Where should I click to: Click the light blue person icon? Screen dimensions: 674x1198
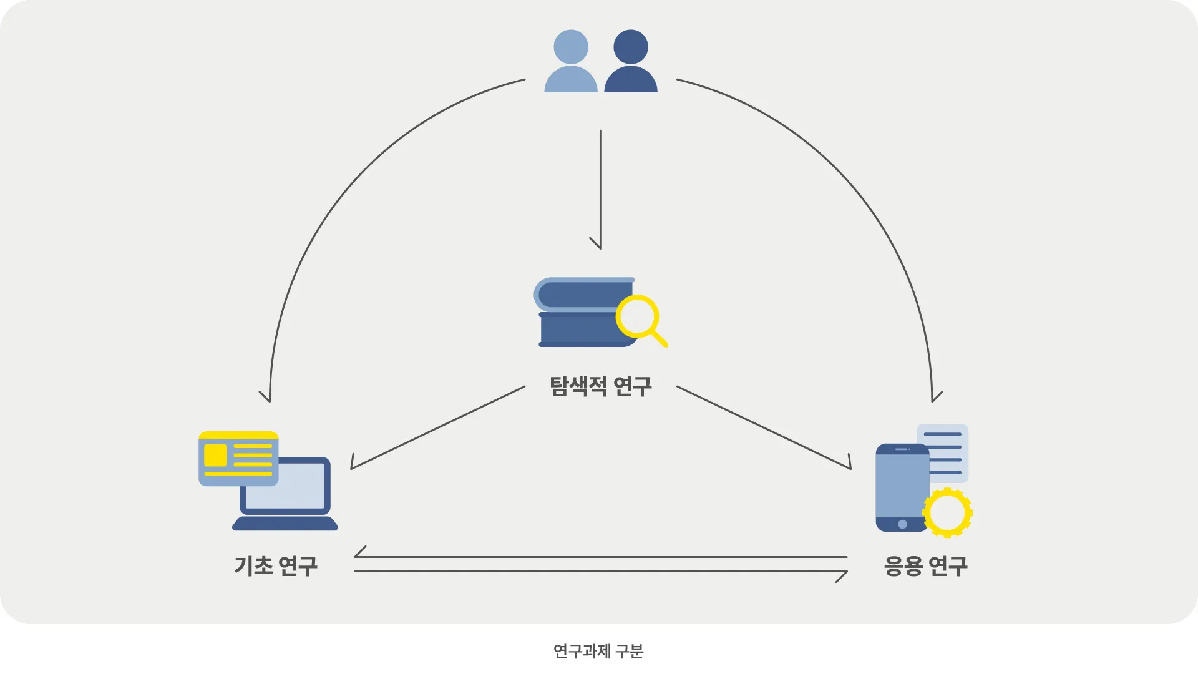(571, 62)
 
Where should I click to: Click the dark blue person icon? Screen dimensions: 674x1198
(631, 62)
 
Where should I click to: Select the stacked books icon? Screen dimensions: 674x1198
(580, 312)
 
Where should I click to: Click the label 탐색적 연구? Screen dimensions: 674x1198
(600, 386)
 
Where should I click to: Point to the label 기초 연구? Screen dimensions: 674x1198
(276, 566)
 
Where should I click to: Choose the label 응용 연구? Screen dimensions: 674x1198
(925, 566)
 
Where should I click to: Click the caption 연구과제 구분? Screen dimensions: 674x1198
(598, 651)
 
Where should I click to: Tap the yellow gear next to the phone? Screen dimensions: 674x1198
(947, 512)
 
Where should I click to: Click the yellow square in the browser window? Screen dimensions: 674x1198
(215, 455)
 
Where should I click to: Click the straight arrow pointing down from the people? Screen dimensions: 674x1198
(601, 187)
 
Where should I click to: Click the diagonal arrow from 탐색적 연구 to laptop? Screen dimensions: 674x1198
(437, 428)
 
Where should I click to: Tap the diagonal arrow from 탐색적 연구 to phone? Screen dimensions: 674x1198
(764, 428)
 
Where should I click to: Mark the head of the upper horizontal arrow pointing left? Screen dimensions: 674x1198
(359, 553)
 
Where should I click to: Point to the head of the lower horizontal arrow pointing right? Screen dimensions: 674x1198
(842, 575)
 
